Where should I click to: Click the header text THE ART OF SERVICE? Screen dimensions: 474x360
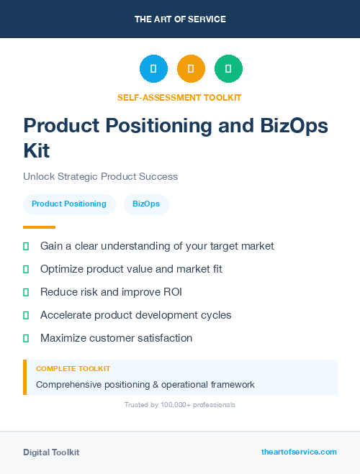180,19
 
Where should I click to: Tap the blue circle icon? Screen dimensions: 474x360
153,69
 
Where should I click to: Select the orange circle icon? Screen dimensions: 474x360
191,69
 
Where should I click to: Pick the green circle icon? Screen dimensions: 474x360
228,69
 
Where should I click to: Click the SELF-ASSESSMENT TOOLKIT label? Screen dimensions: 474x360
179,97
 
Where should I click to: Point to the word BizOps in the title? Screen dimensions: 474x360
292,126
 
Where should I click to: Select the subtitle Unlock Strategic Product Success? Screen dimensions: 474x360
100,176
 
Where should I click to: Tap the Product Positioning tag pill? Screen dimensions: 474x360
69,204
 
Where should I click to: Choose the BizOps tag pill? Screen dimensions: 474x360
146,204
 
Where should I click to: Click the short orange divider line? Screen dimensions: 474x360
39,227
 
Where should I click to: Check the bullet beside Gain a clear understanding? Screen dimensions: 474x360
26,246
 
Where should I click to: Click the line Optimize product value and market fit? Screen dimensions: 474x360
131,269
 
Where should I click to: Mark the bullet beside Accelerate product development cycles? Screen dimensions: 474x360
26,315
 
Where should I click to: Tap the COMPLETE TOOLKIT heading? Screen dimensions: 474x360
73,368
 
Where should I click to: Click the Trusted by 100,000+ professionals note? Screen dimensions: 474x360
180,405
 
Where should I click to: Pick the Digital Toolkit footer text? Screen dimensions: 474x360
51,452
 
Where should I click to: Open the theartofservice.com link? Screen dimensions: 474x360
299,452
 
